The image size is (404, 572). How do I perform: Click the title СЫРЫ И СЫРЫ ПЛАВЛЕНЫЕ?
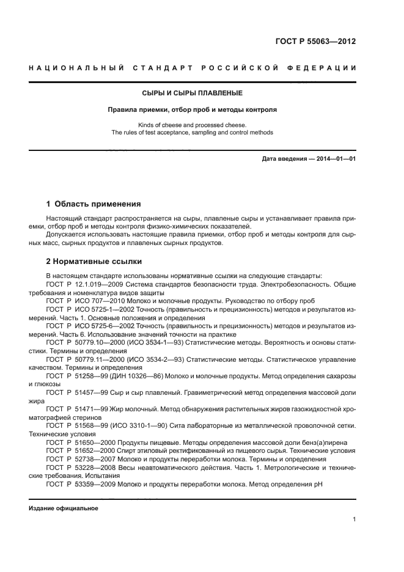point(193,94)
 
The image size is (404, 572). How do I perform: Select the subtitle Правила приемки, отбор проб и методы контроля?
point(193,111)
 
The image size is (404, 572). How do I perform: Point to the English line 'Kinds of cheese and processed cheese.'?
point(193,125)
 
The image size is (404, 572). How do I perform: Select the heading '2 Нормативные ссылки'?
point(94,262)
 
